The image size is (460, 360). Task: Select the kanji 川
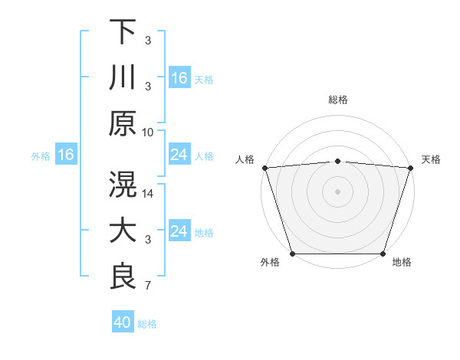[123, 77]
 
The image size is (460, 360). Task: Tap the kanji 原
[123, 123]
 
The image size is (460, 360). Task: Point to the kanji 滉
[123, 185]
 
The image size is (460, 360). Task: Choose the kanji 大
[123, 231]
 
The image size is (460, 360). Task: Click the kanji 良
[123, 277]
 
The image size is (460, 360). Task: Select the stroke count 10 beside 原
[148, 132]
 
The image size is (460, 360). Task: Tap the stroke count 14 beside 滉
[148, 194]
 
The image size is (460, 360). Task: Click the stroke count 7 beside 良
[148, 286]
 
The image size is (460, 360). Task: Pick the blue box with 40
[123, 322]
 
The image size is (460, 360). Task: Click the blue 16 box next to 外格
[66, 155]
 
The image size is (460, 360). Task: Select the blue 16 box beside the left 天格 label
[179, 78]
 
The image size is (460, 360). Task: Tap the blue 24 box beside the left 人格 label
[179, 155]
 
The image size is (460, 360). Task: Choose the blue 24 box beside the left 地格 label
[179, 231]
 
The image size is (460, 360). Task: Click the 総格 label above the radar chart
[338, 100]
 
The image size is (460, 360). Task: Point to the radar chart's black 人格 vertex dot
[264, 168]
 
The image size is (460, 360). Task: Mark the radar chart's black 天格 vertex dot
[411, 168]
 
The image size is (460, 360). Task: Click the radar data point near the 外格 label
[293, 254]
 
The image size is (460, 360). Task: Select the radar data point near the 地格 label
[383, 254]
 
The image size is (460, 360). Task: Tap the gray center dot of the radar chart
[338, 191]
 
